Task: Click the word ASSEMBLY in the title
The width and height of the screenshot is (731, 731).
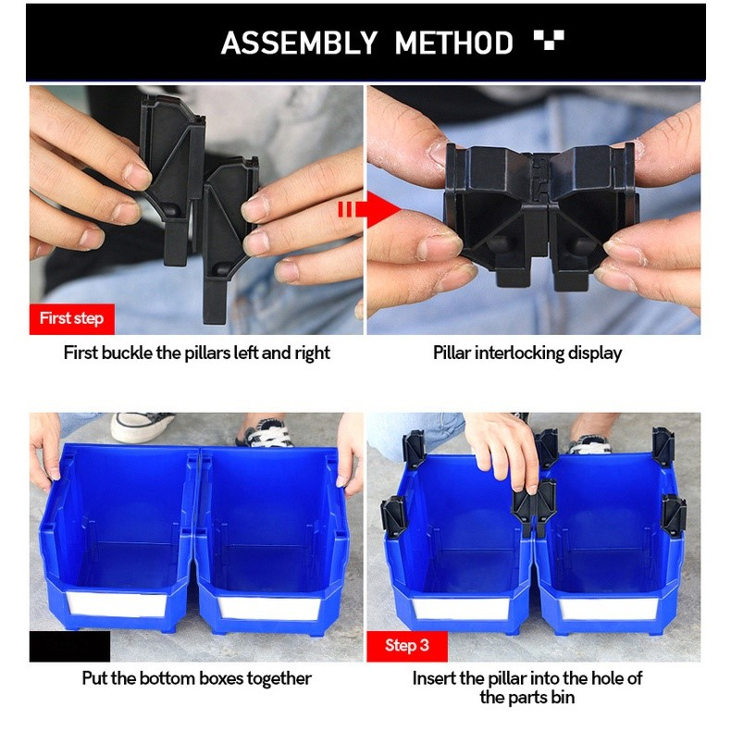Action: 299,43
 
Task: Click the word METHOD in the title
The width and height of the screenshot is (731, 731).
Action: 453,43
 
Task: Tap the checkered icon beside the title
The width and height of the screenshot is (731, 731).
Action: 549,40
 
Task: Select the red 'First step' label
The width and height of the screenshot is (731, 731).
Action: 72,319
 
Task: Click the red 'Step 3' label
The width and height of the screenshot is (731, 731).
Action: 407,646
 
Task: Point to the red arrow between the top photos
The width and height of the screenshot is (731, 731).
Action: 369,209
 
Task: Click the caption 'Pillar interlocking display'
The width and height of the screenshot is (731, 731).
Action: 527,353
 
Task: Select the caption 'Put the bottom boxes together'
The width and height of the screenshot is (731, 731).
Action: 197,678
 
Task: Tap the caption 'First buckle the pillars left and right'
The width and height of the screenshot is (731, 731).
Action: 197,353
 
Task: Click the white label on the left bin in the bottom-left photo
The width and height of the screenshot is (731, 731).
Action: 117,604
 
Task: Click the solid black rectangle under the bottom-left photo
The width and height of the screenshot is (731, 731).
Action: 70,646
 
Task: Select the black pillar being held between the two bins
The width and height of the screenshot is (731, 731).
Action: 535,507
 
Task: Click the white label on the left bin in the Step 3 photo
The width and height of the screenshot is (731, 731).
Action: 461,608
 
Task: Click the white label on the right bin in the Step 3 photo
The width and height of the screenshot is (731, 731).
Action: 608,608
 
